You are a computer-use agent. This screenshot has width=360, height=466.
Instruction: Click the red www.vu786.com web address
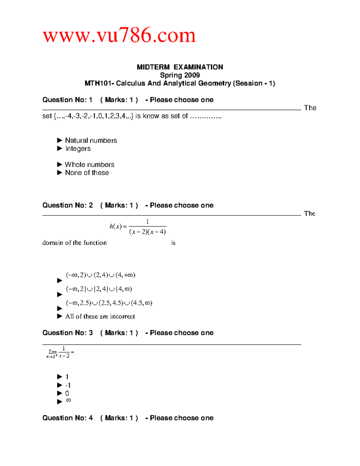pyautogui.click(x=119, y=35)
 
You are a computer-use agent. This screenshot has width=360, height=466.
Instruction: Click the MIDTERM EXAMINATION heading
pyautogui.click(x=180, y=67)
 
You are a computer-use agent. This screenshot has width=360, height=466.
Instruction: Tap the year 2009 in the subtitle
pyautogui.click(x=192, y=75)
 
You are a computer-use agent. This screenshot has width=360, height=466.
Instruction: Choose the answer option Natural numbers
pyautogui.click(x=91, y=140)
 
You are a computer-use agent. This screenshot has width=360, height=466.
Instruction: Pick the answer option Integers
pyautogui.click(x=78, y=149)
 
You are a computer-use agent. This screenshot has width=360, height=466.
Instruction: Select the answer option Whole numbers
pyautogui.click(x=90, y=164)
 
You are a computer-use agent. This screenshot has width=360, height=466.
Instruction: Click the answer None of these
pyautogui.click(x=87, y=173)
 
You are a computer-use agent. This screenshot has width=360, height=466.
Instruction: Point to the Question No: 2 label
pyautogui.click(x=67, y=205)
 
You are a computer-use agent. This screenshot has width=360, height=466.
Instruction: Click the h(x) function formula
pyautogui.click(x=138, y=227)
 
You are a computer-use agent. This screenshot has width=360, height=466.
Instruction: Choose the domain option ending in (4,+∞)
pyautogui.click(x=100, y=275)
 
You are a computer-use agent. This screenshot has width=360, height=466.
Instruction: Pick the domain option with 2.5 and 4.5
pyautogui.click(x=109, y=303)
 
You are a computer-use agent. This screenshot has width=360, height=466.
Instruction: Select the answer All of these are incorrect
pyautogui.click(x=100, y=316)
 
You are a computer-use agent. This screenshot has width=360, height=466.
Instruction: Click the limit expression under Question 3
pyautogui.click(x=60, y=352)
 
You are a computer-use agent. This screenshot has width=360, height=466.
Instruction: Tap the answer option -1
pyautogui.click(x=68, y=385)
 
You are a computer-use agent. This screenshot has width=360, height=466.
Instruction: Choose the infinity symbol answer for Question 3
pyautogui.click(x=68, y=400)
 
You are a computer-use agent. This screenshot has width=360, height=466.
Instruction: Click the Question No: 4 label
pyautogui.click(x=67, y=418)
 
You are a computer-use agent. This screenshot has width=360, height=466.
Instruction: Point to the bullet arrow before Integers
pyautogui.click(x=60, y=149)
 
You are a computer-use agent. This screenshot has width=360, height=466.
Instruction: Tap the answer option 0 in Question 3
pyautogui.click(x=67, y=393)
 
